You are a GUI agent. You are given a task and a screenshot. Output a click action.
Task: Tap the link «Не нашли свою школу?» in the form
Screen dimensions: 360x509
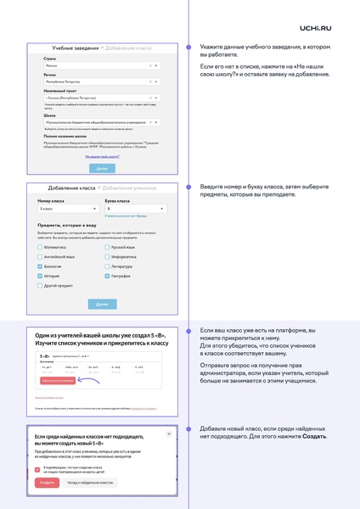[x=101, y=157]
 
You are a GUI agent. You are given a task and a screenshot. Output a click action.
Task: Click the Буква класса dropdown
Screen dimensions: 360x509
[x=134, y=207]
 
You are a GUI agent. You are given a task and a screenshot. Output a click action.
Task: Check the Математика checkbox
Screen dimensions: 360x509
[x=39, y=247]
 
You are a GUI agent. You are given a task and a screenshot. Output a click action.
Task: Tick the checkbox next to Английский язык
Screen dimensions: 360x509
[x=39, y=256]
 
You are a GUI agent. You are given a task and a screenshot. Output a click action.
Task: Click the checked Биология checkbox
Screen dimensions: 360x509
[x=39, y=266]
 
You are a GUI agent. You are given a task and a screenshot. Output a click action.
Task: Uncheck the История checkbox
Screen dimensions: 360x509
[x=39, y=276]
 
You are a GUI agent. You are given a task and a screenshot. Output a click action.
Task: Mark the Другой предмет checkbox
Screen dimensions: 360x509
[x=39, y=286]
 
